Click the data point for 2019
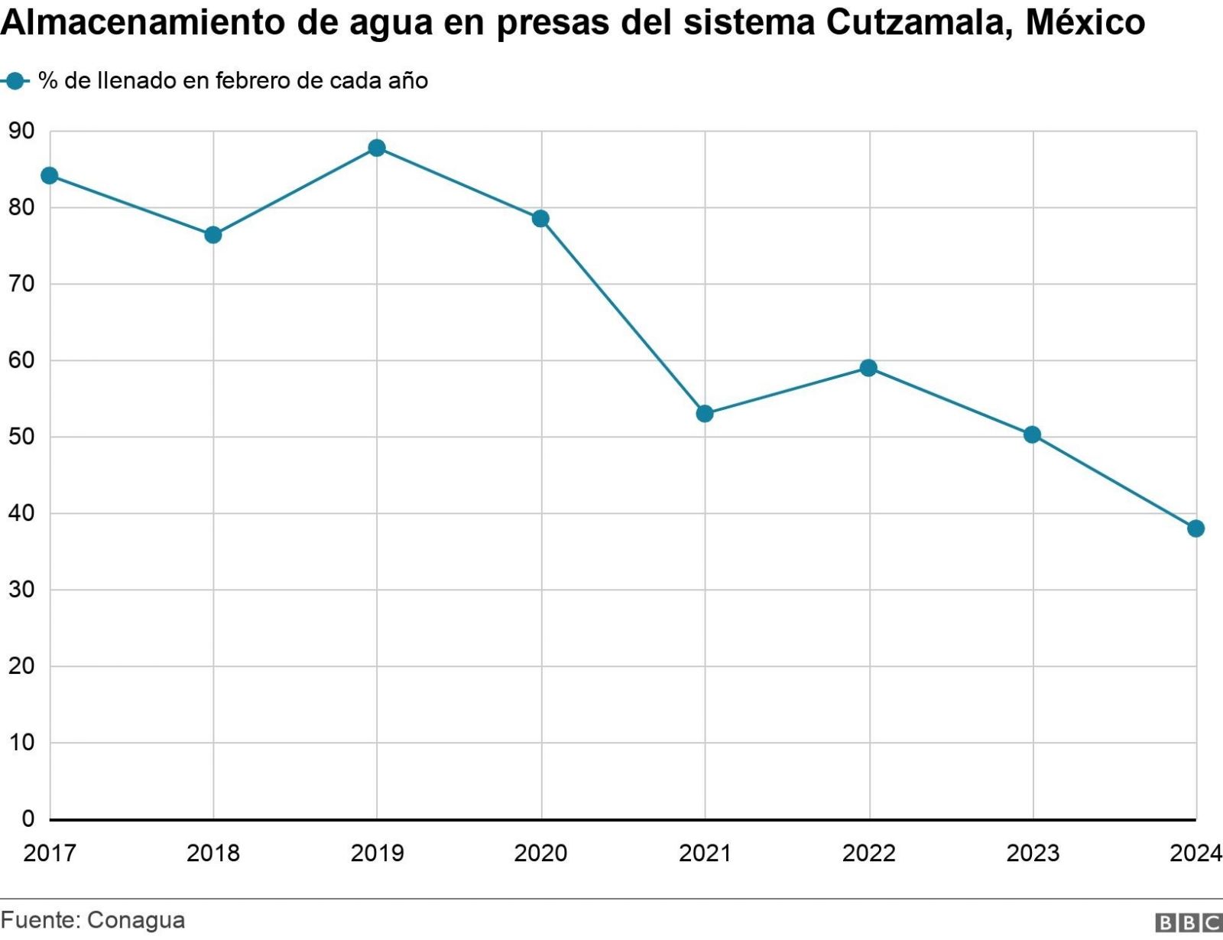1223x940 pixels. pos(377,148)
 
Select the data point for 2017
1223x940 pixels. pos(50,176)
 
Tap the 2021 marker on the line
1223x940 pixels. pos(705,414)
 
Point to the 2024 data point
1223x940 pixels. pos(1195,529)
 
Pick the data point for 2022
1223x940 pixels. pos(868,368)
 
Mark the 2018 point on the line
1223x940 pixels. pos(213,235)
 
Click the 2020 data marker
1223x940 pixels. pos(540,219)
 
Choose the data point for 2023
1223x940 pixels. pos(1032,434)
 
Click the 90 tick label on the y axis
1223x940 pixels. pos(21,132)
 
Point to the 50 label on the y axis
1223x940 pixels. pos(21,437)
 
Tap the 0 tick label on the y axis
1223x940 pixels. pos(28,819)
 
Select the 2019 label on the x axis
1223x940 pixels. pos(377,853)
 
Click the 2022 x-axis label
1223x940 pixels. pos(868,853)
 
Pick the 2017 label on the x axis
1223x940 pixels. pos(50,853)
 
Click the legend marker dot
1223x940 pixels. pos(15,80)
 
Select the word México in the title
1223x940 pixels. pos(1085,23)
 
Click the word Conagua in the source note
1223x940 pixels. pos(136,919)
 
